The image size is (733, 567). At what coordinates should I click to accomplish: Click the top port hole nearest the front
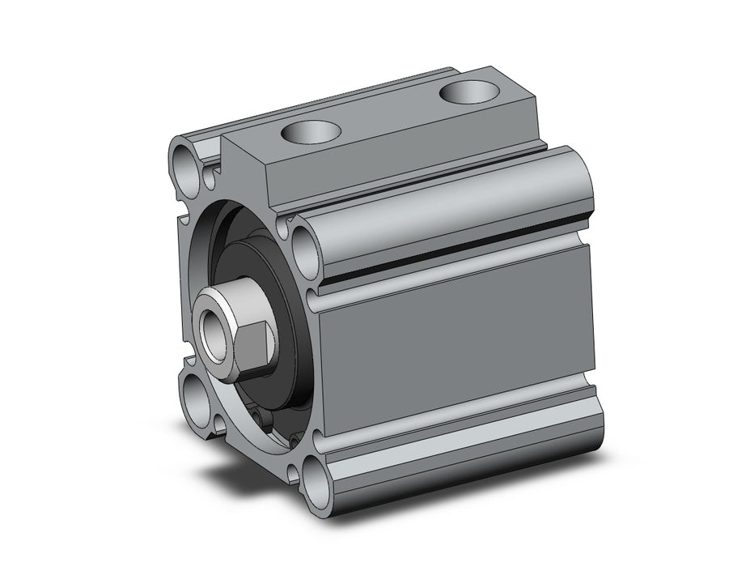pos(311,130)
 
